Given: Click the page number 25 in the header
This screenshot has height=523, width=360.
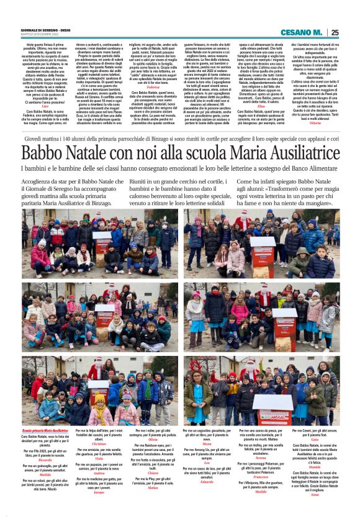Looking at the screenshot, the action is (335, 32).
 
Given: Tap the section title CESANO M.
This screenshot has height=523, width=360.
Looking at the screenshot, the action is (301, 32).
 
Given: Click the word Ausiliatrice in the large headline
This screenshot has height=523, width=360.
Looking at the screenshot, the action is (287, 153).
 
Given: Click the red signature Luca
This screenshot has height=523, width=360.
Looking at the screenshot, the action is (45, 106).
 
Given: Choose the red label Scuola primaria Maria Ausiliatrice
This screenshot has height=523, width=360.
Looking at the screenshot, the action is (45, 430).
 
